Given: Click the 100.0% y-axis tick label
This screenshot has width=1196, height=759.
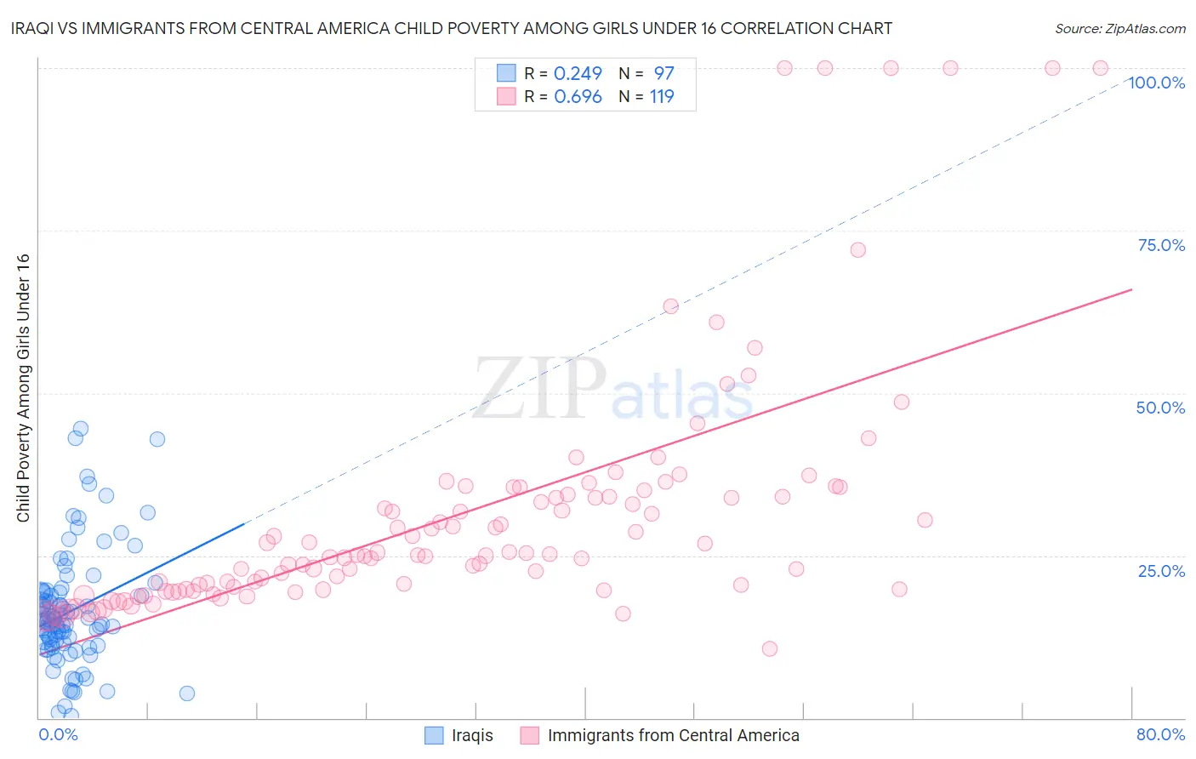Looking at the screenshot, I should coord(1156,83).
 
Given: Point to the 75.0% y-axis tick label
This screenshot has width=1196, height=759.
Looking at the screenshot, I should coord(1161,245).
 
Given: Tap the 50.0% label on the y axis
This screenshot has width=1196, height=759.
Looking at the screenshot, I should coord(1160,408).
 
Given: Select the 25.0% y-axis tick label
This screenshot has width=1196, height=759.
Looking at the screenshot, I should coord(1161,570).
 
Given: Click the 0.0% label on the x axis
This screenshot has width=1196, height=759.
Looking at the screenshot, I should coord(58,734).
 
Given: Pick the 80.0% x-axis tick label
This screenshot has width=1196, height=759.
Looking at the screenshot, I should coord(1160,734).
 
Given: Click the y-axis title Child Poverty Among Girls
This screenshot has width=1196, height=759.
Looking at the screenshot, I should coord(23,388).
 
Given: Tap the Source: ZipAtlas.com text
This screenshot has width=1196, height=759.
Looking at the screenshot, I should coord(1119,28).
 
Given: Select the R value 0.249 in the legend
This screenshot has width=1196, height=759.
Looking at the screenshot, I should coord(578,73).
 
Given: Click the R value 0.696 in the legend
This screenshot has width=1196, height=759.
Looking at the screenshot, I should coord(578,96).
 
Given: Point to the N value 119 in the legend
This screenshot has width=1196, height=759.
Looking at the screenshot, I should coord(662,96).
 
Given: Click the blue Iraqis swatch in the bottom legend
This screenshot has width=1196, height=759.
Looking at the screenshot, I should coord(434,735).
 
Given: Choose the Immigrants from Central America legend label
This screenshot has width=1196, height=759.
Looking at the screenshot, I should coord(673,735).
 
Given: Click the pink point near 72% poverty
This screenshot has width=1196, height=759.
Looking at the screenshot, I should coord(857,249).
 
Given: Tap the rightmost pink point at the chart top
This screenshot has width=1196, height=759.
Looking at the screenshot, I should coord(1100,68).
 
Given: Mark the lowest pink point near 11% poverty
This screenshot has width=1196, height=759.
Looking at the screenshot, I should coord(770,648).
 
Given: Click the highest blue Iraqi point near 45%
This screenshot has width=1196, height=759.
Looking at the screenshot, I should coord(81,429).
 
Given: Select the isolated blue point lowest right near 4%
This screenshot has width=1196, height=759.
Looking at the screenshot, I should coord(187,693).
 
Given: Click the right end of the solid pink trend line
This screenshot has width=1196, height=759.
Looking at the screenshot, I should coord(1131,289).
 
